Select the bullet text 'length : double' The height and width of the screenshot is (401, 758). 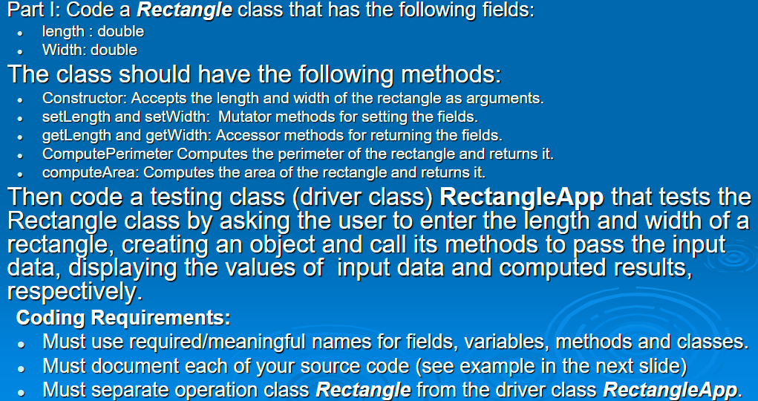93,32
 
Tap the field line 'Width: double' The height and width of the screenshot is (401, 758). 90,50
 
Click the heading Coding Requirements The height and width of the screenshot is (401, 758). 123,318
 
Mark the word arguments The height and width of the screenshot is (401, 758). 512,98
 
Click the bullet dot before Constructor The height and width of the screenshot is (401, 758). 23,99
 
